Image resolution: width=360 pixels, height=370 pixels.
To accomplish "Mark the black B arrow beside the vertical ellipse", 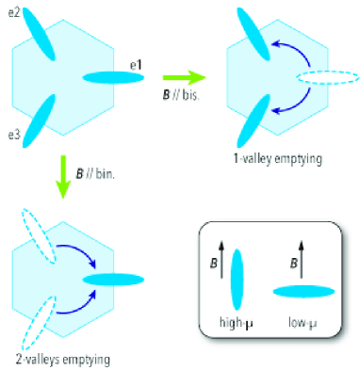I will click(218, 265).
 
